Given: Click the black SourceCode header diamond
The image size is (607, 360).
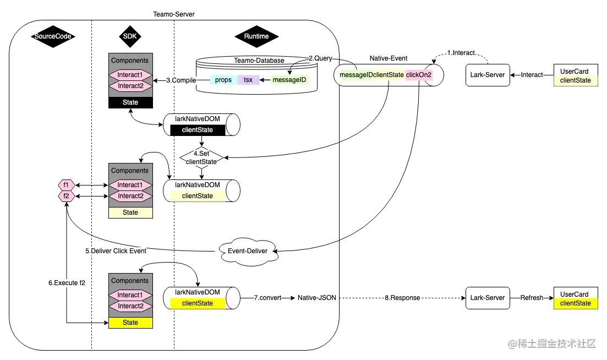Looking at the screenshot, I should point(52,37).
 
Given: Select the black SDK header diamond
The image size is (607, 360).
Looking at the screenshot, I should point(130,37).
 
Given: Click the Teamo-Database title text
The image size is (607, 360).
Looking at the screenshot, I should point(259,61).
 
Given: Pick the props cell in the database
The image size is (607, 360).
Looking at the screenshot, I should point(223,80).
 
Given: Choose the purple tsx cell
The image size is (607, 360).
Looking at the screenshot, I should point(248,80).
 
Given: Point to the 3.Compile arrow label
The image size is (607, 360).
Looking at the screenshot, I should point(181,80).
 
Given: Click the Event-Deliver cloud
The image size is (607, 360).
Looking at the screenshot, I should point(248,250).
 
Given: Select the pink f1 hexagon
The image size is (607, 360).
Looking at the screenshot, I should point(66,185).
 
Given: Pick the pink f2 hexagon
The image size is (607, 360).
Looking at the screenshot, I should point(66,196).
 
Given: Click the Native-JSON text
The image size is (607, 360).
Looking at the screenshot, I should point(316,298).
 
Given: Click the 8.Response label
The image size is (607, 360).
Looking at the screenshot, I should point(402,298).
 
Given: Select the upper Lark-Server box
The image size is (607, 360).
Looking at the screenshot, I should point(487,75).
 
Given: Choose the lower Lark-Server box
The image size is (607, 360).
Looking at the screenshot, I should point(487,298).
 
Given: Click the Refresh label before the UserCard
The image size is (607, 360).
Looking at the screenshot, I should point(532,298).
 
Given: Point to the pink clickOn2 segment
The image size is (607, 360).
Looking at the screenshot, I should point(418,75).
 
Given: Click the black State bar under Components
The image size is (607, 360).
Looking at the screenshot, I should point(130,102).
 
